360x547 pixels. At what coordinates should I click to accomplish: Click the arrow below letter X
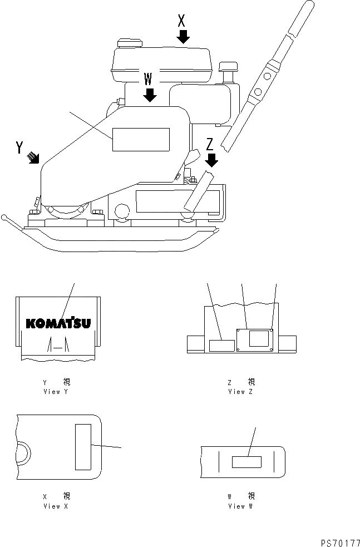(184, 37)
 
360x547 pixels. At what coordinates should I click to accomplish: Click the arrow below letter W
(149, 95)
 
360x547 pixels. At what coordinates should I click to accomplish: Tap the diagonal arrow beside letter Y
(34, 159)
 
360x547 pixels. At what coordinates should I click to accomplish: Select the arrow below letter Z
(211, 160)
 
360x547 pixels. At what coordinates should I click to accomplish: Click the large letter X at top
(181, 21)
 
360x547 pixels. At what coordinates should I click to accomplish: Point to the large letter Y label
(19, 147)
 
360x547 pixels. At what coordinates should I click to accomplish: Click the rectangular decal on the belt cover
(141, 139)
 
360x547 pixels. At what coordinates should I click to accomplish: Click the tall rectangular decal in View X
(82, 446)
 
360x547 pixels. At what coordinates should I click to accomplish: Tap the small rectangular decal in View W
(246, 462)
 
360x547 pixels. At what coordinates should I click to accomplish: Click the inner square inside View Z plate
(259, 338)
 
